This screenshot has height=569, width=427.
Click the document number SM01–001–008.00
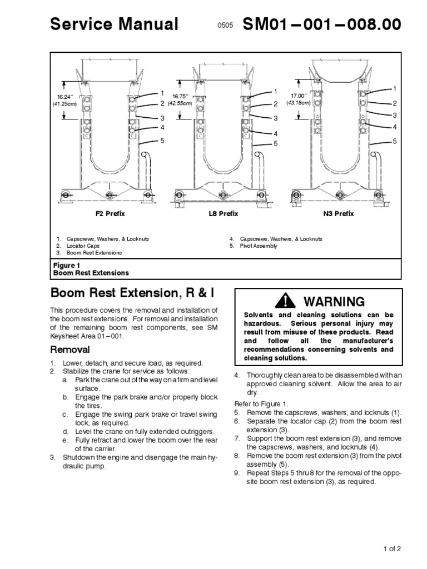click(321, 24)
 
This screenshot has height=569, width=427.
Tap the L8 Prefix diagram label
click(225, 213)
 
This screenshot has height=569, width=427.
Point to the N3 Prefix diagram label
click(338, 213)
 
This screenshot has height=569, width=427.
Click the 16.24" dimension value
click(66, 97)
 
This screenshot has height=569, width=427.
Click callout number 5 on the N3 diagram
click(395, 141)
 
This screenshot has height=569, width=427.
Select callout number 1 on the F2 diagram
click(163, 93)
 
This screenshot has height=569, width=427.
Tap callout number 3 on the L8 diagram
click(275, 118)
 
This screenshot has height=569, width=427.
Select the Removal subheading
click(70, 350)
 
